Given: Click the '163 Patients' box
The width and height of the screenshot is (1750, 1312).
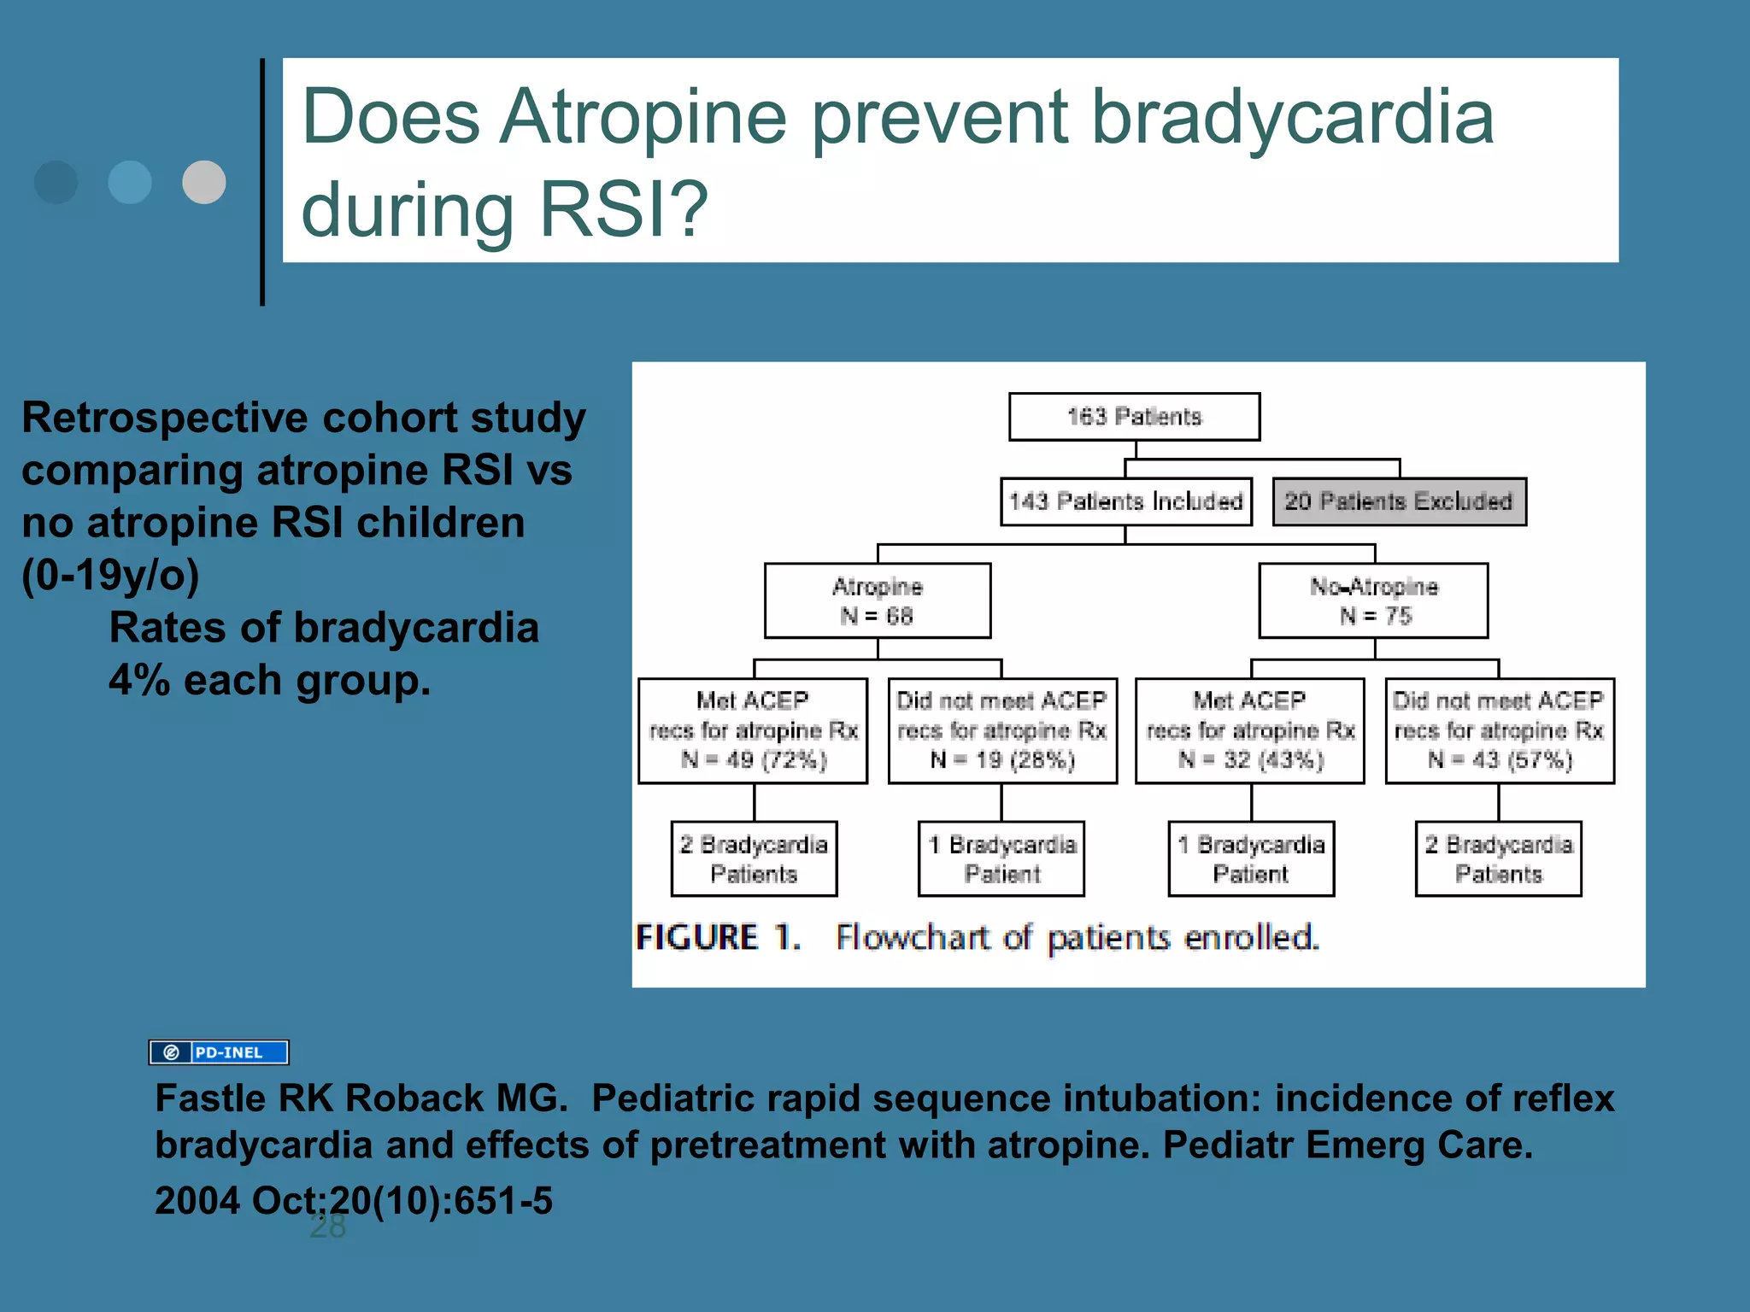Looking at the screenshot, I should (x=1134, y=417).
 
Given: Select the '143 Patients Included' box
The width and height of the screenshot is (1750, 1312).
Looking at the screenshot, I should (x=1125, y=501).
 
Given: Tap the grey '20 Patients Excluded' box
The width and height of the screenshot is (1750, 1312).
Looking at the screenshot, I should (x=1399, y=501).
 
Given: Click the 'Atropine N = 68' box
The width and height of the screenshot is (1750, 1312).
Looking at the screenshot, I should (x=878, y=600).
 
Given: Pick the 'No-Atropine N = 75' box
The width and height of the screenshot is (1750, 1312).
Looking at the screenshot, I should (x=1373, y=600).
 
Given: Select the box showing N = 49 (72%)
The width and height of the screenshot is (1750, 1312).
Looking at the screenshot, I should (x=753, y=731).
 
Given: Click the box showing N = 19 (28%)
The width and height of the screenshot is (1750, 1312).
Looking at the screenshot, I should (x=1002, y=731).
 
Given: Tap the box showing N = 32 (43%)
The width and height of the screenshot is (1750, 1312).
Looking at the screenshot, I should (x=1250, y=731).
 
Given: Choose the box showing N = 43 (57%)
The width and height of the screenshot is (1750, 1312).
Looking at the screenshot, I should (x=1500, y=731).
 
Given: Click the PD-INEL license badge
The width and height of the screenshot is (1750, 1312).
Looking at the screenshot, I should (x=219, y=1052).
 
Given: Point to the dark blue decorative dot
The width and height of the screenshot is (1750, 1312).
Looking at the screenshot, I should (x=56, y=182).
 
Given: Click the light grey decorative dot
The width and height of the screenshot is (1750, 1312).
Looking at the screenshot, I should (x=204, y=182).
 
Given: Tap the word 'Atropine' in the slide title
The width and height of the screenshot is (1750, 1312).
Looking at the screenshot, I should (x=643, y=118).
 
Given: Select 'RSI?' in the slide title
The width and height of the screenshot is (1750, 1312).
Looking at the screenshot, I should (x=624, y=210).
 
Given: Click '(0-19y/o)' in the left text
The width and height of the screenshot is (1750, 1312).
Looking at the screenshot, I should (x=110, y=575).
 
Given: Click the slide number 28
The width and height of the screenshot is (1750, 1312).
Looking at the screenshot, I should (x=327, y=1227).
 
